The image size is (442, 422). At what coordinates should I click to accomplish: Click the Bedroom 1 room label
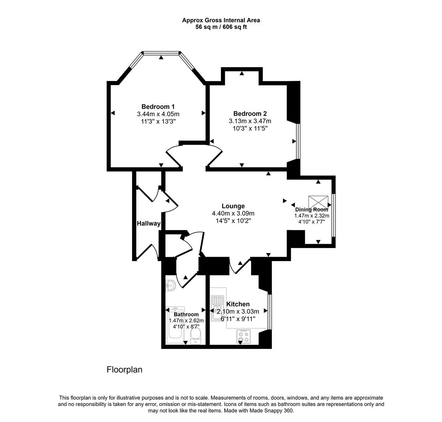pyautogui.click(x=158, y=107)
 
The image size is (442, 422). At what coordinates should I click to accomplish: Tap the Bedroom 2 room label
pyautogui.click(x=250, y=114)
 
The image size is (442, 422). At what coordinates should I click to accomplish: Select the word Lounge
pyautogui.click(x=233, y=206)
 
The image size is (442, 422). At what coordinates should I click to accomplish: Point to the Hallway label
pyautogui.click(x=148, y=224)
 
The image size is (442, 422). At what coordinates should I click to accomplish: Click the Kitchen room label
pyautogui.click(x=238, y=304)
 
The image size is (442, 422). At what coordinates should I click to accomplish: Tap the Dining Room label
pyautogui.click(x=312, y=209)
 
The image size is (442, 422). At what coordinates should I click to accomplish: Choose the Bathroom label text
pyautogui.click(x=186, y=314)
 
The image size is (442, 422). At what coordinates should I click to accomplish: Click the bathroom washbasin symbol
pyautogui.click(x=171, y=285)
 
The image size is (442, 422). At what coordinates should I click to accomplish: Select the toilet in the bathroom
pyautogui.click(x=196, y=335)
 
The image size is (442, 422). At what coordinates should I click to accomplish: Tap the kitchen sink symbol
pyautogui.click(x=217, y=308)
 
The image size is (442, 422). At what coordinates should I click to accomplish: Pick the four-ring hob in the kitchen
pyautogui.click(x=244, y=336)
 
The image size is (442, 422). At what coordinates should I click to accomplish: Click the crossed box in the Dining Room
pyautogui.click(x=318, y=202)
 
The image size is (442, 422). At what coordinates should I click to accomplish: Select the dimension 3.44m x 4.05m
pyautogui.click(x=158, y=114)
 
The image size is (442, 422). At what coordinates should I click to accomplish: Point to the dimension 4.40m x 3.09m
pyautogui.click(x=233, y=213)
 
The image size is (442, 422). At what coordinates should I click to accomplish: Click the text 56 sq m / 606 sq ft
pyautogui.click(x=221, y=27)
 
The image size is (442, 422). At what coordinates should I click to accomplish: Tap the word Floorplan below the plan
pyautogui.click(x=125, y=370)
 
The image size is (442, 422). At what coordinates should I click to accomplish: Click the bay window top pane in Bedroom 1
pyautogui.click(x=162, y=52)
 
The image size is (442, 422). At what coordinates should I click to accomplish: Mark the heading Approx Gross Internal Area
pyautogui.click(x=221, y=20)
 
